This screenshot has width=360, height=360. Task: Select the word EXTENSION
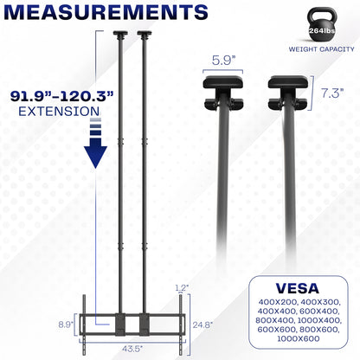(52, 112)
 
